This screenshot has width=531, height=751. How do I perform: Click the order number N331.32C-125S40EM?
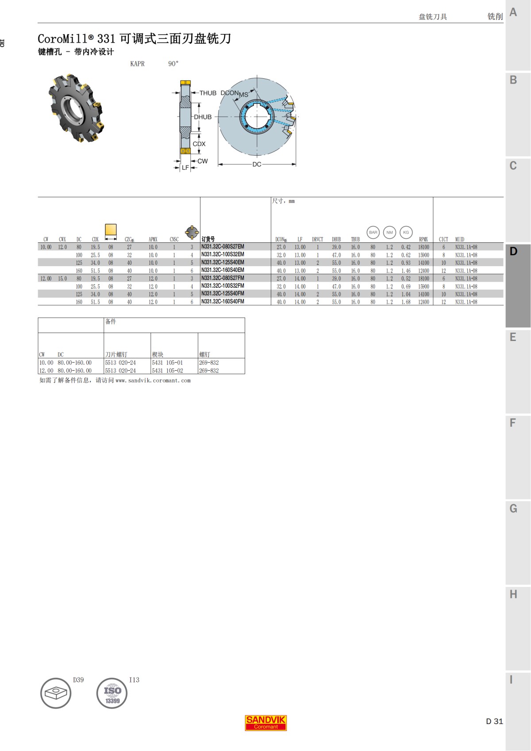tap(223, 263)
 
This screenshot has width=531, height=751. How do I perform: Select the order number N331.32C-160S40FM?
tap(223, 302)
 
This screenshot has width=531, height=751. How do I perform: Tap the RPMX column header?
tap(423, 239)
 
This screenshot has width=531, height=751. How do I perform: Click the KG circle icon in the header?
tap(406, 232)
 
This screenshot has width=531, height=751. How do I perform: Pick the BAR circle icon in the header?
tap(373, 232)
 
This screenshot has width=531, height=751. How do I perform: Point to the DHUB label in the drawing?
tap(203, 117)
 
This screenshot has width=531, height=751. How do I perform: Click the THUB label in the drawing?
tap(208, 93)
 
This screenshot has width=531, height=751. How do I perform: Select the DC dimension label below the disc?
tap(257, 164)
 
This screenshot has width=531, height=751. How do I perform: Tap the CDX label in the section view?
tap(199, 144)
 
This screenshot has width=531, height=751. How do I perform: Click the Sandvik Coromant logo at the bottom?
tap(266, 723)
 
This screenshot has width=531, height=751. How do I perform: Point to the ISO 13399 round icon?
tap(112, 694)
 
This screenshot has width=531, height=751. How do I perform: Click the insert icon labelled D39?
tap(56, 693)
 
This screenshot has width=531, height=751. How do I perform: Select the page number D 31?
tap(494, 721)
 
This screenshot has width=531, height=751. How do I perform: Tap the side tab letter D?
tap(513, 251)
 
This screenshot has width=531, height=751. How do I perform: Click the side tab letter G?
tap(513, 509)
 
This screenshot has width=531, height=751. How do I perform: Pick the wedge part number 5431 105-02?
tap(167, 371)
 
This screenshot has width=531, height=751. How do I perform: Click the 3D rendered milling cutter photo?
tap(76, 108)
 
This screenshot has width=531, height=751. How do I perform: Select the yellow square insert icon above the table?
tap(111, 230)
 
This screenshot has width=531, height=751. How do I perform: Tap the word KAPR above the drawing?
tap(137, 64)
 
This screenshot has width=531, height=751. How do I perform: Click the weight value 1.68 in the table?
tap(406, 302)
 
